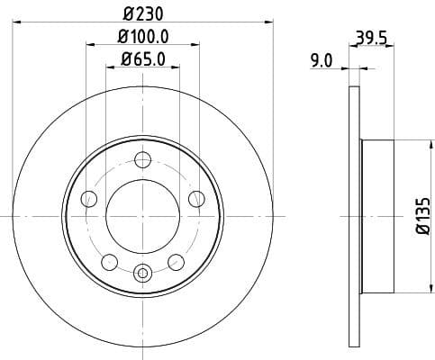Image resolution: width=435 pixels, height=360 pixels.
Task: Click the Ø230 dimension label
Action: (x=143, y=15)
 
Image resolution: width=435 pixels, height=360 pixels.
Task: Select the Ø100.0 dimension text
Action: (x=143, y=37)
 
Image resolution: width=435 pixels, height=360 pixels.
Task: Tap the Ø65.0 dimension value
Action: (x=143, y=60)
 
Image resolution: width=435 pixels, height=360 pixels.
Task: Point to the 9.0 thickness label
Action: (x=322, y=61)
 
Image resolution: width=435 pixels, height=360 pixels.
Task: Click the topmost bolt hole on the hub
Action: (x=142, y=160)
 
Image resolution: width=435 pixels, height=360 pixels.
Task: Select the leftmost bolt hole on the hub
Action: (x=88, y=199)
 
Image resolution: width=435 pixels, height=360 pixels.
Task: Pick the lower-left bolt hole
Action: (x=109, y=262)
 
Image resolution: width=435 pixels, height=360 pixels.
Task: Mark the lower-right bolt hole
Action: (x=177, y=262)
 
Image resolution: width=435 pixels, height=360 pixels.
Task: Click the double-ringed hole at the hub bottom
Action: (x=142, y=272)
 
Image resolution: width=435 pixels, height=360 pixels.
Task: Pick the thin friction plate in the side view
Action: (x=354, y=216)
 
